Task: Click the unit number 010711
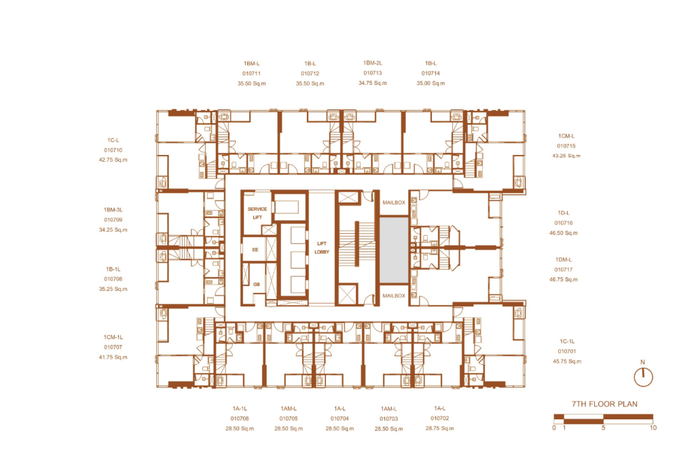(x=252, y=73)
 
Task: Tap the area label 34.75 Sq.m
(x=372, y=83)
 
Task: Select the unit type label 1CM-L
(x=566, y=136)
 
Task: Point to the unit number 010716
(x=564, y=223)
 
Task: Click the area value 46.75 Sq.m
(x=564, y=279)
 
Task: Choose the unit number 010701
(x=567, y=351)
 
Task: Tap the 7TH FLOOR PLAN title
(x=604, y=404)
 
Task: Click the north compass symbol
(x=643, y=376)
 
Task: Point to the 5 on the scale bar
(x=603, y=428)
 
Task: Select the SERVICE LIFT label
(x=257, y=213)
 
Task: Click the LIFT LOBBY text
(x=322, y=247)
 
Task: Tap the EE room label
(x=255, y=249)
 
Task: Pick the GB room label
(x=257, y=284)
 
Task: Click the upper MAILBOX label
(x=394, y=203)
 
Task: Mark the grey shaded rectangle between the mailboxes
(x=394, y=250)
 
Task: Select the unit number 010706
(x=240, y=419)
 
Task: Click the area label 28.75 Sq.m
(x=439, y=428)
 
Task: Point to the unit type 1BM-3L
(x=113, y=210)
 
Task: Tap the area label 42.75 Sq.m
(x=113, y=160)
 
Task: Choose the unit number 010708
(x=113, y=279)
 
